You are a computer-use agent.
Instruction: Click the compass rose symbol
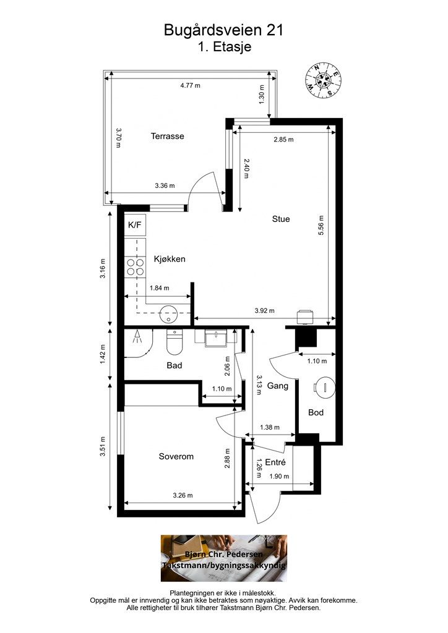click(x=323, y=80)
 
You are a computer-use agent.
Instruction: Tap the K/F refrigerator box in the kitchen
click(x=135, y=225)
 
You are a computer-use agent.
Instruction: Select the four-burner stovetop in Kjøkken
click(x=136, y=267)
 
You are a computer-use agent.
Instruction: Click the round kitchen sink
click(x=168, y=315)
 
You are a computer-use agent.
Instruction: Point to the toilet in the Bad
click(x=174, y=341)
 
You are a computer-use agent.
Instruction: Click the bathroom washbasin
click(x=215, y=338)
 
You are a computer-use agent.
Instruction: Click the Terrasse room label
click(x=167, y=136)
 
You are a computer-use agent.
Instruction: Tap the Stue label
click(x=281, y=219)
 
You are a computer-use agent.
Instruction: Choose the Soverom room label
click(x=176, y=457)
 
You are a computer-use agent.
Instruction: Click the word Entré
click(x=275, y=462)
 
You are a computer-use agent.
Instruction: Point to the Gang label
click(x=278, y=386)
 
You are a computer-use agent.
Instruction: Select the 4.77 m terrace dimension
click(x=190, y=85)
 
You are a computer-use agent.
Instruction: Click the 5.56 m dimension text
click(x=321, y=226)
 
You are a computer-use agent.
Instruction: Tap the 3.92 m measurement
click(x=265, y=310)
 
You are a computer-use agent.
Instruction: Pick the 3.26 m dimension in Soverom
click(x=183, y=495)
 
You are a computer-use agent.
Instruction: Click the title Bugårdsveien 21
click(x=224, y=30)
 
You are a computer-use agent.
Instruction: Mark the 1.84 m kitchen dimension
click(x=160, y=288)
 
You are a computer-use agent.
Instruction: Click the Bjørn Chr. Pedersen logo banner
click(x=224, y=558)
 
